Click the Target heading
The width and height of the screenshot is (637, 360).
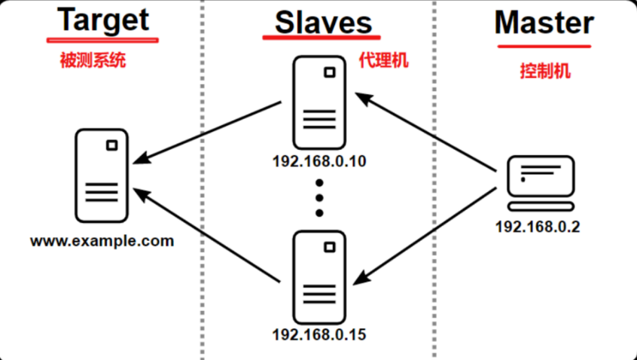(103, 21)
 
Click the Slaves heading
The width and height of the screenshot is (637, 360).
(324, 23)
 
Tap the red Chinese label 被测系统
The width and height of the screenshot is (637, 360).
(93, 61)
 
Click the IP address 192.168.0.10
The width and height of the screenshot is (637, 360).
(318, 160)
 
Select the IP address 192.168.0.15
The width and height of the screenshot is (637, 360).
(320, 333)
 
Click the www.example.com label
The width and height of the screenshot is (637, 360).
(102, 242)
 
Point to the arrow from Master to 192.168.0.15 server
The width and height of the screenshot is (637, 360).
(425, 230)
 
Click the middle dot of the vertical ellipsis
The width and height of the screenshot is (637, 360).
(319, 197)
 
